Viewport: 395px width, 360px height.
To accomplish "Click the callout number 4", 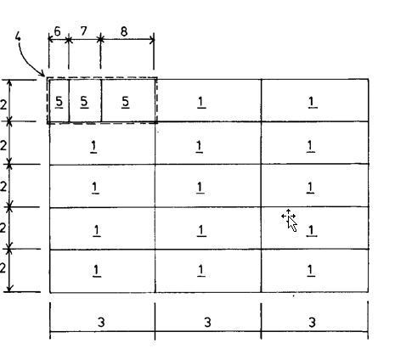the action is (18, 37).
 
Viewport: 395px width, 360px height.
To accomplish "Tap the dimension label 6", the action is (57, 31).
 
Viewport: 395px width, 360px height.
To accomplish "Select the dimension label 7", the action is (83, 31).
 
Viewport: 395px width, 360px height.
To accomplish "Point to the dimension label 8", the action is (124, 31).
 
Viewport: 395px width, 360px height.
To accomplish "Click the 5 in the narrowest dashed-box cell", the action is (59, 101).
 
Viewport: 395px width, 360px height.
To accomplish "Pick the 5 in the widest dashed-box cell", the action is (126, 102).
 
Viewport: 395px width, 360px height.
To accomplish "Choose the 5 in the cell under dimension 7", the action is (84, 101).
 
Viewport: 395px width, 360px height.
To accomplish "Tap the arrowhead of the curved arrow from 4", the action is (42, 75).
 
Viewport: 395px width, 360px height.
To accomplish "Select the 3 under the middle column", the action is (207, 322).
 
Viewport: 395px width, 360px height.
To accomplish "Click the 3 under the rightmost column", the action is (312, 322).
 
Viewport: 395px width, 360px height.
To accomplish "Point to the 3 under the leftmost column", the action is (101, 322).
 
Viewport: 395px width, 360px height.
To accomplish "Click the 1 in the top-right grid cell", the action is (312, 102).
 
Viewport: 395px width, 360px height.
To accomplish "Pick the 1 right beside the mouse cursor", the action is (312, 230).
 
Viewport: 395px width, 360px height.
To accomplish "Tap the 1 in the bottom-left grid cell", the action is (97, 270).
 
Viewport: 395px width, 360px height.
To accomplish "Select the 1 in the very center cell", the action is (200, 188).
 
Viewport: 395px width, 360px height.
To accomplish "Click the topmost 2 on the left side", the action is (3, 105).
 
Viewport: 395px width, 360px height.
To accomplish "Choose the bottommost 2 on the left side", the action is (3, 268).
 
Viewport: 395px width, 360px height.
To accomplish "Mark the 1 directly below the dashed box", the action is (93, 146).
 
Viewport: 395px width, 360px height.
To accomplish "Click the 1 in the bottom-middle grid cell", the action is (200, 270).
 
